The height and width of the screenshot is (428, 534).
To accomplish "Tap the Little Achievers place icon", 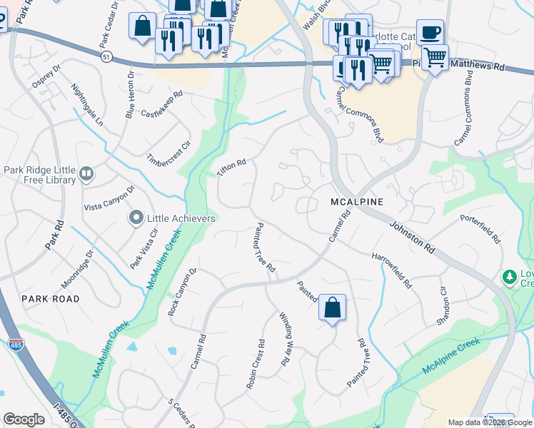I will pyautogui.click(x=136, y=218).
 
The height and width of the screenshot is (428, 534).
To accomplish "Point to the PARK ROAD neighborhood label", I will pyautogui.click(x=50, y=298).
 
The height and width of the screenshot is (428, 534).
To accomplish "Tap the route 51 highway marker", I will pyautogui.click(x=106, y=56).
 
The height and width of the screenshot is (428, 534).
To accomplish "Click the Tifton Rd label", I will pyautogui.click(x=231, y=168).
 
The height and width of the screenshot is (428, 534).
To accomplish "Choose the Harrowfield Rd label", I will pyautogui.click(x=391, y=270).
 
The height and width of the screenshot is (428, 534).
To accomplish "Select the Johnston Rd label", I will pyautogui.click(x=413, y=237).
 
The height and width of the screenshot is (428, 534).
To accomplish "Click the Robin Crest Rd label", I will pyautogui.click(x=256, y=369).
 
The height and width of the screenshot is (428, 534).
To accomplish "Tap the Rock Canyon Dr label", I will pyautogui.click(x=182, y=292).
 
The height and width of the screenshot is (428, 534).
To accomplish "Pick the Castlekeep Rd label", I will pyautogui.click(x=162, y=103).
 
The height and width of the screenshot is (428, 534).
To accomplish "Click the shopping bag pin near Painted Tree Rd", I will pyautogui.click(x=332, y=308).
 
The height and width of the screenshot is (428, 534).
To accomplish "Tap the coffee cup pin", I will pyautogui.click(x=430, y=32).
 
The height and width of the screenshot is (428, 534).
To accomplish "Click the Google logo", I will pyautogui.click(x=24, y=419).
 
